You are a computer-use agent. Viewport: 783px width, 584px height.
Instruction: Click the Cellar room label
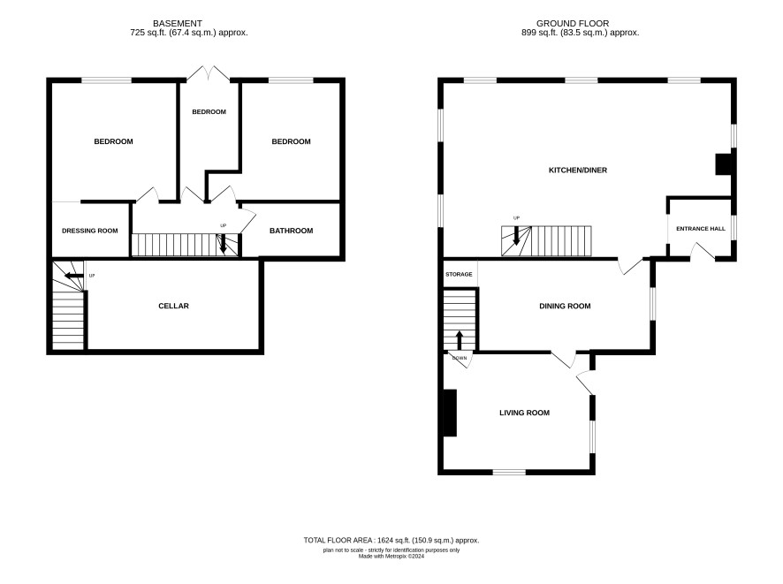173,306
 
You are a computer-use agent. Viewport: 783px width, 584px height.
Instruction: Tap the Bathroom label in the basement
291,231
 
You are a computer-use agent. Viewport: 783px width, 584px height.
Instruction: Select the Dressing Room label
90,231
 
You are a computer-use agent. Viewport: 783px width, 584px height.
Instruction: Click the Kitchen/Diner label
578,171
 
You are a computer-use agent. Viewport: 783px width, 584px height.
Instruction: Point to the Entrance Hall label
701,229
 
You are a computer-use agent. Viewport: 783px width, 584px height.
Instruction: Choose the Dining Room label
565,306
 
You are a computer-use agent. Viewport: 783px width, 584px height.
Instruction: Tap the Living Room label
524,413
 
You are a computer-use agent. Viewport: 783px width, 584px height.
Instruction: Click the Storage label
459,275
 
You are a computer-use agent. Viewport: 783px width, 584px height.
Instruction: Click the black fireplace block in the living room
450,413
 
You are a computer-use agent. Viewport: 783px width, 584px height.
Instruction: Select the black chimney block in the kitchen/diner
724,164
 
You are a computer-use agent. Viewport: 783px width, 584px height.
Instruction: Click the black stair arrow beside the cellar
72,276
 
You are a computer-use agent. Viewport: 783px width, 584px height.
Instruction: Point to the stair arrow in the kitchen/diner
516,236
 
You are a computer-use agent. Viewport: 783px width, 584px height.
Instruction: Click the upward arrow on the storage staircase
459,340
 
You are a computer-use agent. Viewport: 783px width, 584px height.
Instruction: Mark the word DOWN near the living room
460,358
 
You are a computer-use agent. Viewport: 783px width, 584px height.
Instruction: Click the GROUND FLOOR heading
573,24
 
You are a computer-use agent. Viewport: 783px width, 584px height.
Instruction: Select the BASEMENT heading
178,24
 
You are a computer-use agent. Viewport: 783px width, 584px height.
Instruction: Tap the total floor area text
391,540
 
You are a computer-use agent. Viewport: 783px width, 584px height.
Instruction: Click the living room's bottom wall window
509,472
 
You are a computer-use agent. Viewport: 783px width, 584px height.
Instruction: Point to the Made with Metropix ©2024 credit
391,556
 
